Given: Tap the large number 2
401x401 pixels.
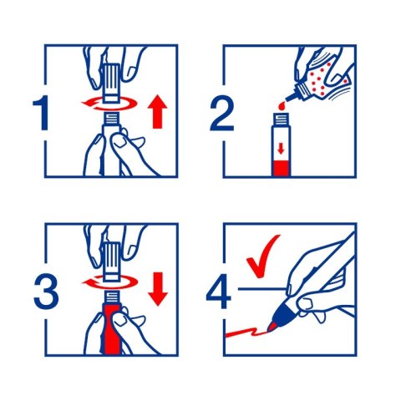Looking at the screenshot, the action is [221, 113].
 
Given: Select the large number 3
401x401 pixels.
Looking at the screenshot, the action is [46, 292].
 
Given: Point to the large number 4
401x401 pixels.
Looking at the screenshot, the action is [219, 292].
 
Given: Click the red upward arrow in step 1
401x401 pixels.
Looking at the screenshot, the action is [157, 111].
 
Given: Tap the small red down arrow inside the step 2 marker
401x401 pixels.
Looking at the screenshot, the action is [281, 149].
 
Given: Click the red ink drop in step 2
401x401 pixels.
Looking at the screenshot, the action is [281, 106].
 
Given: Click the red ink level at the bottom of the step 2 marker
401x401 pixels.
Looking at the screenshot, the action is [281, 168].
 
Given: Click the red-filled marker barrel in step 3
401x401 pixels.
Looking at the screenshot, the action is [112, 330].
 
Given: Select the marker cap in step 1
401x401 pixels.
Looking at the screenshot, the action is [112, 83].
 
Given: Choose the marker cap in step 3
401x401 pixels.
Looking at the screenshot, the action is [112, 261].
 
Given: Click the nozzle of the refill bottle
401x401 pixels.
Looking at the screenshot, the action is [292, 97].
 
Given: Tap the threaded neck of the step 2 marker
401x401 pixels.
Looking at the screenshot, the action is [281, 119].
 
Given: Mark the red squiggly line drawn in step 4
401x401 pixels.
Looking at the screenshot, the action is [246, 332].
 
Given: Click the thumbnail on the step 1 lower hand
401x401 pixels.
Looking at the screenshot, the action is [120, 142].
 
